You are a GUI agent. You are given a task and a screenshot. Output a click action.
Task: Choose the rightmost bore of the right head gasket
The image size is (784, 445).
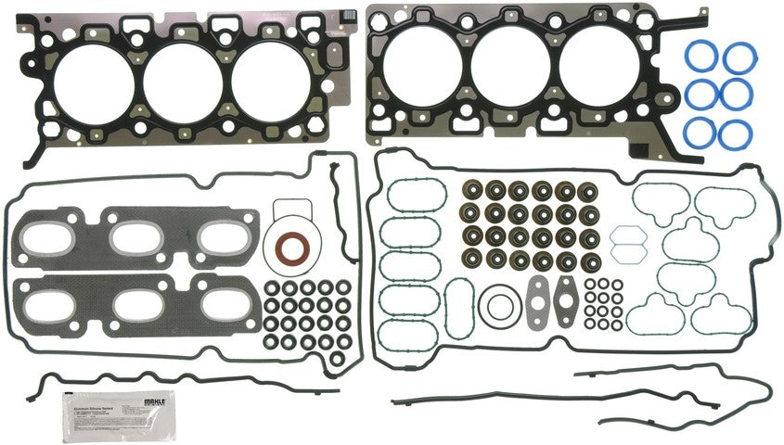pyautogui.click(x=594, y=71)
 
